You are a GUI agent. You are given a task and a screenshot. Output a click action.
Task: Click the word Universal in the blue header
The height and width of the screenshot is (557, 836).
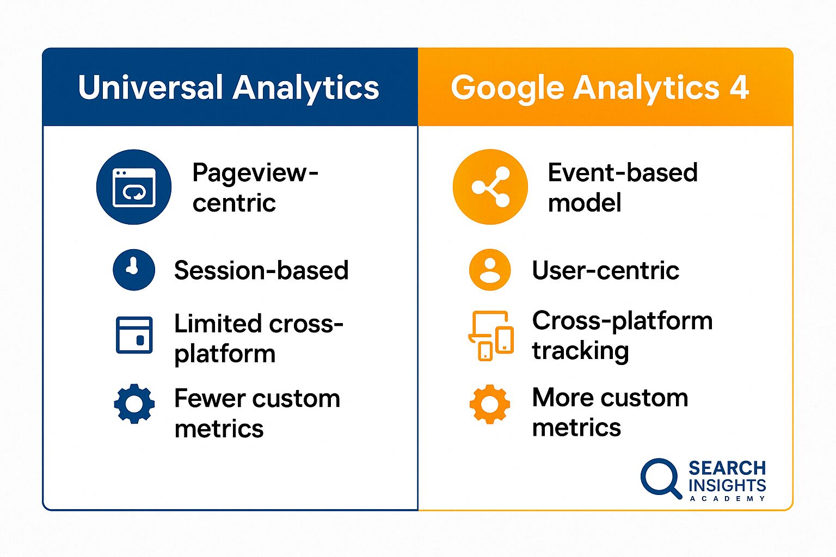pyautogui.click(x=150, y=88)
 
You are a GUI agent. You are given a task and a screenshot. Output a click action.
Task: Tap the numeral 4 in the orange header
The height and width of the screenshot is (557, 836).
pyautogui.click(x=739, y=87)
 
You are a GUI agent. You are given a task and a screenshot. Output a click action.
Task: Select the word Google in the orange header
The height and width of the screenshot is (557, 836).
pyautogui.click(x=507, y=88)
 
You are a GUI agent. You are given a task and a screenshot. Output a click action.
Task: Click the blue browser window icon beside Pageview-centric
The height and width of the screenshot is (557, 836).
pyautogui.click(x=134, y=187)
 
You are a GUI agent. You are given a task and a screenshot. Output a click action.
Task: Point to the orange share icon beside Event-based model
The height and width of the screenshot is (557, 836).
pyautogui.click(x=490, y=187)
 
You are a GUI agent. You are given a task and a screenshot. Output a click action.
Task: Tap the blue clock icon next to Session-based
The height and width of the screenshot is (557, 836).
pyautogui.click(x=134, y=270)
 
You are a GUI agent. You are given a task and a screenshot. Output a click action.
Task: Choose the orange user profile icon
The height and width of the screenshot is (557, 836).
pyautogui.click(x=490, y=270)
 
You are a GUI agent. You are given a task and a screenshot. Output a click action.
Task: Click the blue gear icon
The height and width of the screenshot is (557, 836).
pyautogui.click(x=134, y=404)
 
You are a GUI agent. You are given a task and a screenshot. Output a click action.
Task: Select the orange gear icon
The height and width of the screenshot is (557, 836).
pyautogui.click(x=490, y=404)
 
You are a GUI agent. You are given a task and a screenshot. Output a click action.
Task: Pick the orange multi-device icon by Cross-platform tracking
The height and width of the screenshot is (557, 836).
pyautogui.click(x=491, y=336)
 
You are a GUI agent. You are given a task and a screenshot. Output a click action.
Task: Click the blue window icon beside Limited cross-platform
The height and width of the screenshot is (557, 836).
pyautogui.click(x=134, y=335)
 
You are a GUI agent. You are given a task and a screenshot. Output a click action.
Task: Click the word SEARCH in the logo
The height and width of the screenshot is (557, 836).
pyautogui.click(x=727, y=468)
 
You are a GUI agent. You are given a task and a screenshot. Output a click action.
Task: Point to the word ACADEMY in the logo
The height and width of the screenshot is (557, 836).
pyautogui.click(x=727, y=499)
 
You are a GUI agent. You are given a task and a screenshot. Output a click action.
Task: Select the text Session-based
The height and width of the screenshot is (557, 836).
pyautogui.click(x=261, y=270)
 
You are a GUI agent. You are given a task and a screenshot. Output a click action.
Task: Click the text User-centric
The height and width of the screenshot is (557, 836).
pyautogui.click(x=606, y=270)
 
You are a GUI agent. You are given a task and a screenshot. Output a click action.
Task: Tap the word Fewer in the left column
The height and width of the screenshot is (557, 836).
pyautogui.click(x=207, y=399)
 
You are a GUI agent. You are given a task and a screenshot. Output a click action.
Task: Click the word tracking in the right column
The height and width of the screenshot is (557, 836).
pyautogui.click(x=580, y=351)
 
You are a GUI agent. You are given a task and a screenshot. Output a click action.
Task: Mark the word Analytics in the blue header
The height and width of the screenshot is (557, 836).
pyautogui.click(x=306, y=88)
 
